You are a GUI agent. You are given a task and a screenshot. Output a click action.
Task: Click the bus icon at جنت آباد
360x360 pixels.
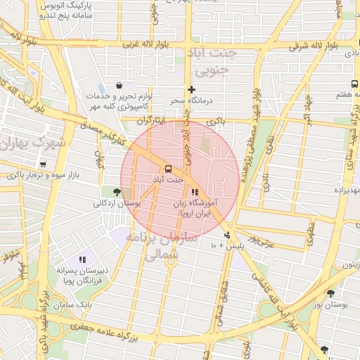click(167, 169)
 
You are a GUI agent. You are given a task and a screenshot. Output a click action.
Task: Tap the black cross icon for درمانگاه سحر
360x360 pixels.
click(191, 89)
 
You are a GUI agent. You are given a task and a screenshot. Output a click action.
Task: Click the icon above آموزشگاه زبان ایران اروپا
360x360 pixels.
click(195, 191)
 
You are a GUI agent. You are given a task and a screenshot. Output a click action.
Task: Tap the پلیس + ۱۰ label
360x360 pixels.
click(224, 246)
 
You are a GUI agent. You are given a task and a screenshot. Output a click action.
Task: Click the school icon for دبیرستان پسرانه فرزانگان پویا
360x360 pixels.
click(82, 260)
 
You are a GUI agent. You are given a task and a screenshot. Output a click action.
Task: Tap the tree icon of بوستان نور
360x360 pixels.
click(330, 293)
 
